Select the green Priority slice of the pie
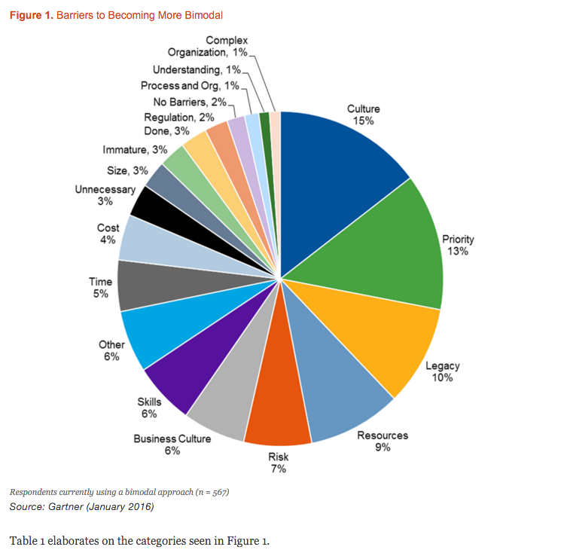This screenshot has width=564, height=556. click(384, 241)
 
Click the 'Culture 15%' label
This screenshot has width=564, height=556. click(363, 115)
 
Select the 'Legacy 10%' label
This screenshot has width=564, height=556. click(442, 371)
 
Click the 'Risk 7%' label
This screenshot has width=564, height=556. click(278, 462)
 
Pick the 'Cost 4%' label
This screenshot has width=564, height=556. click(108, 234)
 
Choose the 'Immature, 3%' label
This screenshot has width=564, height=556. click(138, 150)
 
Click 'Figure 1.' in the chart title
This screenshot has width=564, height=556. click(32, 15)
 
